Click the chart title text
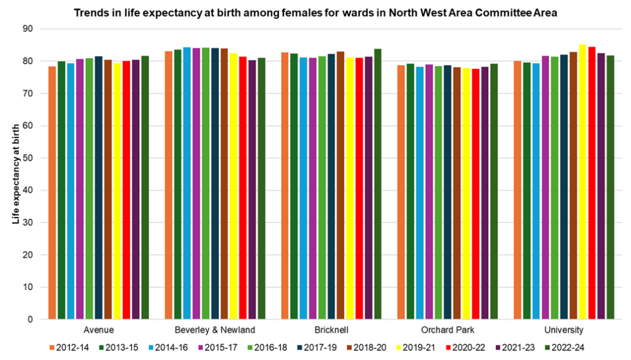[x=315, y=13]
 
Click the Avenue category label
[x=99, y=330]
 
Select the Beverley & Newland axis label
[x=215, y=330]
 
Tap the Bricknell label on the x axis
[x=332, y=330]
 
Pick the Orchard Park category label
[x=447, y=330]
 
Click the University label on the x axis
[x=564, y=330]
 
